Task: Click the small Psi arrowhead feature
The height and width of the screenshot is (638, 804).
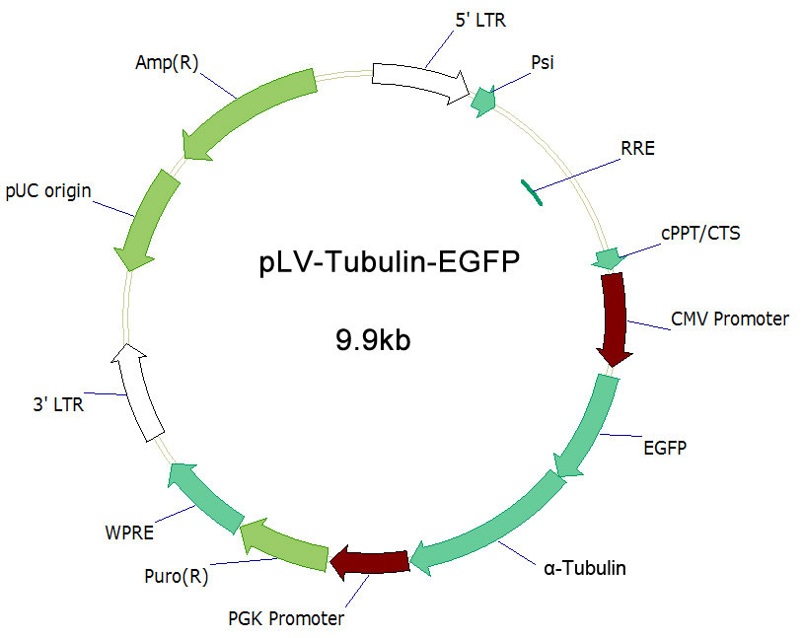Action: [482, 101]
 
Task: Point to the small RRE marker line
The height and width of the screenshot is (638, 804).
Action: [532, 191]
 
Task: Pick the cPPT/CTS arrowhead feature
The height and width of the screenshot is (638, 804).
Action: [608, 258]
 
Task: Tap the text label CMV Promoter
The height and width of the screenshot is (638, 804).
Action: [730, 319]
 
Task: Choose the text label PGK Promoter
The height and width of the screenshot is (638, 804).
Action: [286, 619]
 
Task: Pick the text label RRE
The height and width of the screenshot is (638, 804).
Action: [637, 150]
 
